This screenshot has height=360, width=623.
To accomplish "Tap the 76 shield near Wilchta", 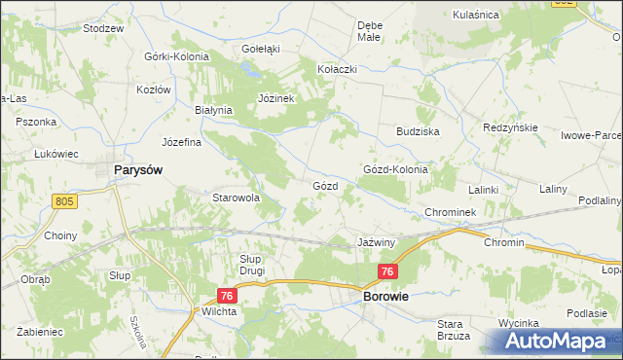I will click(x=228, y=295).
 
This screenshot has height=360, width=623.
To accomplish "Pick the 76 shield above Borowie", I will click(x=388, y=272).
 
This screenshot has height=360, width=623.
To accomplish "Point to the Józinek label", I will click(x=276, y=99).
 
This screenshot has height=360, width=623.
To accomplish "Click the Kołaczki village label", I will click(x=338, y=70).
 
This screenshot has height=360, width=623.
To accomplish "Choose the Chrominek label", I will click(x=449, y=211).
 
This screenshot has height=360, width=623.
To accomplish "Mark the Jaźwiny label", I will click(x=375, y=240).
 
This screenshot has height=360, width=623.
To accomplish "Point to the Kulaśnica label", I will click(x=476, y=15).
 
